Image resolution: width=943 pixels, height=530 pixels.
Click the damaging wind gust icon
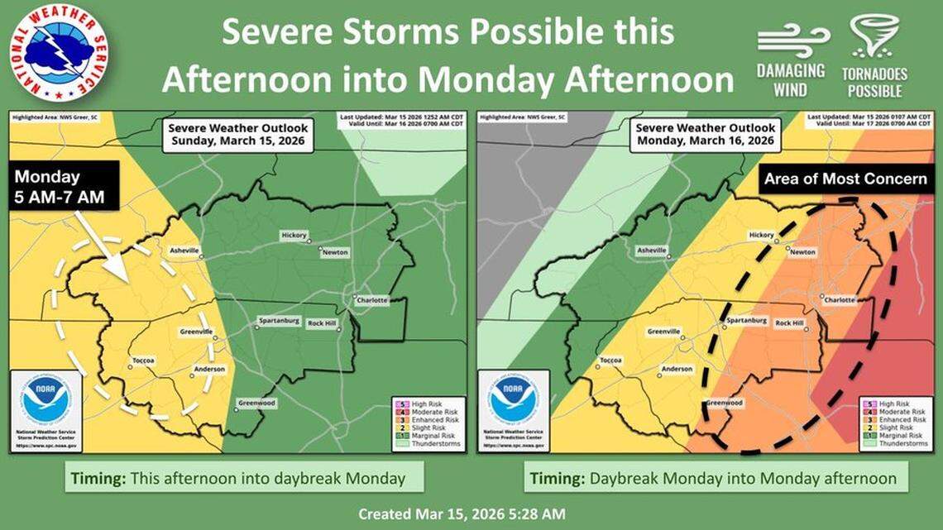(x=792, y=36)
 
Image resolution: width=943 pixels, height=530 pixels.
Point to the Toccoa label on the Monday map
(x=610, y=360)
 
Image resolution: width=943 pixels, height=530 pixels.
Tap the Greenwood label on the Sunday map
(x=256, y=403)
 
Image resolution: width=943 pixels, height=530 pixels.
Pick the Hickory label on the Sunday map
(x=294, y=235)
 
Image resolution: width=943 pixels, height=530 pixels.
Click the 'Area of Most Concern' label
(x=845, y=179)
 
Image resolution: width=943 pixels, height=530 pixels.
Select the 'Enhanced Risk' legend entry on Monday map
(x=899, y=419)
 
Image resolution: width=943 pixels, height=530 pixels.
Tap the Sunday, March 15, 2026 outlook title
(x=237, y=135)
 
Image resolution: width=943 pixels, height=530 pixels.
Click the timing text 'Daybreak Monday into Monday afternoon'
(x=713, y=479)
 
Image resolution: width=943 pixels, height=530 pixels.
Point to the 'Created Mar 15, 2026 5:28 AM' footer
(x=462, y=513)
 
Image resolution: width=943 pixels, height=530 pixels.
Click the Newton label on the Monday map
(x=802, y=251)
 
